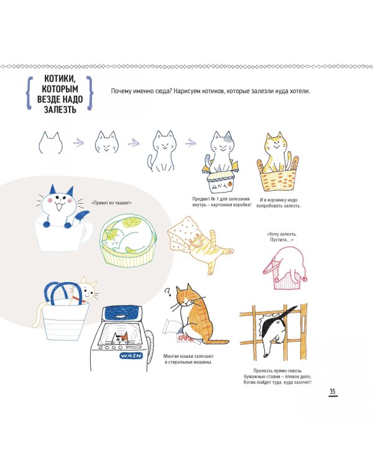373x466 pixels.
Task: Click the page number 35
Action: [x=332, y=391]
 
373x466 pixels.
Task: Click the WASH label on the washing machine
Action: [x=131, y=355]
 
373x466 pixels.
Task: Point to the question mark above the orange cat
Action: [x=168, y=292]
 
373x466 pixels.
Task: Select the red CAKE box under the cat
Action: [x=185, y=337]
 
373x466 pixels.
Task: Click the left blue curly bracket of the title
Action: [x=29, y=93]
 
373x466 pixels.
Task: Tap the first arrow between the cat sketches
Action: [x=78, y=143]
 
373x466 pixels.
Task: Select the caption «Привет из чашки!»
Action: [x=112, y=203]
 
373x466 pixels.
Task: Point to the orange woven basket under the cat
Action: [x=277, y=179]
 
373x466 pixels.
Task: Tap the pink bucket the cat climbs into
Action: [x=285, y=276]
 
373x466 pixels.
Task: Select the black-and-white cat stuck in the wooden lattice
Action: [x=277, y=329]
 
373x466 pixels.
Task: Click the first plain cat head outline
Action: [x=50, y=144]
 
